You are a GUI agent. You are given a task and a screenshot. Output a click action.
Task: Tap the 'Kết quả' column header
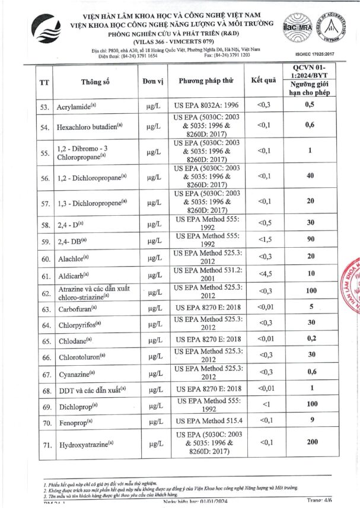264,81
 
